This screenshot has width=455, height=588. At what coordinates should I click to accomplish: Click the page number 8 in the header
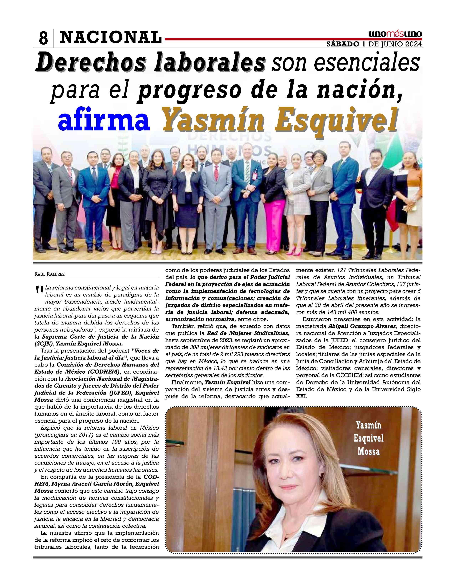coord(43,38)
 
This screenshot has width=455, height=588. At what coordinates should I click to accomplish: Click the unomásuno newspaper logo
coord(395,34)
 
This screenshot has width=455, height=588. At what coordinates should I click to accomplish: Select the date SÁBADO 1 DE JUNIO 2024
coord(374,44)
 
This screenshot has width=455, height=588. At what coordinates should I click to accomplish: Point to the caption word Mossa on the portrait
coord(368,451)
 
